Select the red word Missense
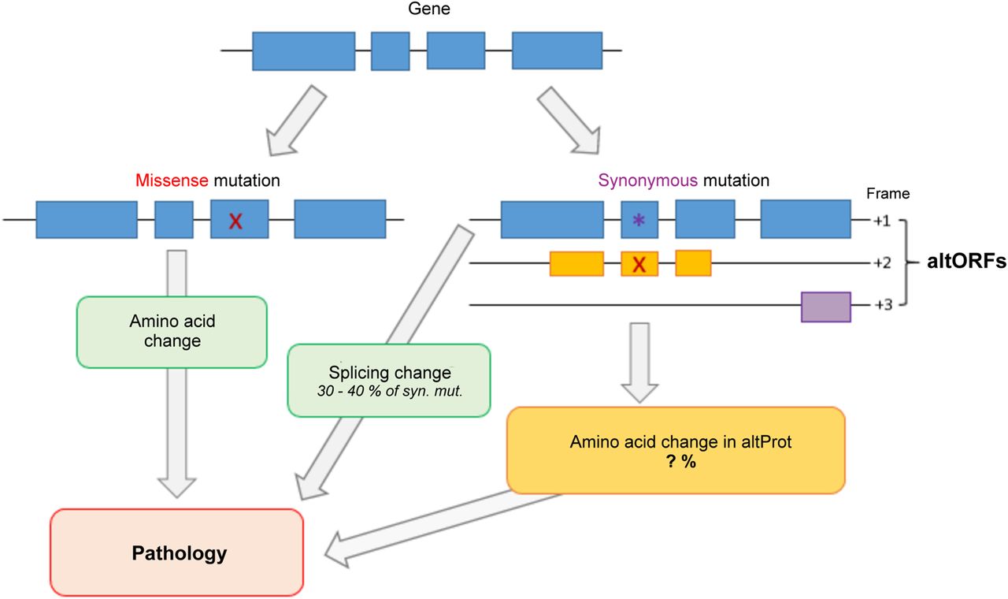[170, 180]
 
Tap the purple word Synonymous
[647, 180]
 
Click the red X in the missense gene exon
[235, 222]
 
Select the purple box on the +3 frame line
[825, 307]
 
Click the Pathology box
[177, 552]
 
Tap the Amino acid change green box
[171, 331]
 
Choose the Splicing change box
[389, 380]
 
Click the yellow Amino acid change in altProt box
[676, 450]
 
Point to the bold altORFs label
[967, 262]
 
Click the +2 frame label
[881, 262]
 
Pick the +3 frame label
[881, 304]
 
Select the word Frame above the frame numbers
[888, 193]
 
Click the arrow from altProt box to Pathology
[441, 525]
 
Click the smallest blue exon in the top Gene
[390, 51]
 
